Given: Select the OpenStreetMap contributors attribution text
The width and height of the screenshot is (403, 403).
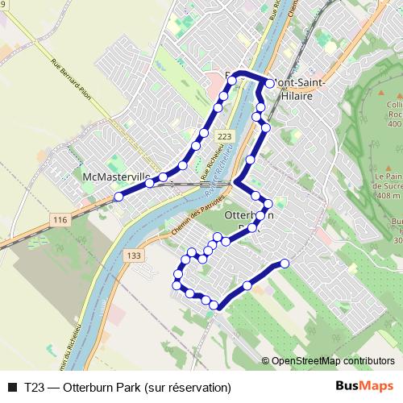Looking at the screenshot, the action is (332, 361).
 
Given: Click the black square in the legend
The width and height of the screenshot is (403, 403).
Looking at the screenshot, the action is (12, 387).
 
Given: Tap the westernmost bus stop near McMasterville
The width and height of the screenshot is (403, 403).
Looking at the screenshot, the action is (118, 196).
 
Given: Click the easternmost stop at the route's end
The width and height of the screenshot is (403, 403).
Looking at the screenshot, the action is (285, 264).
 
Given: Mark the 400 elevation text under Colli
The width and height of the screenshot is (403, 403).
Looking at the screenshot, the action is (394, 124).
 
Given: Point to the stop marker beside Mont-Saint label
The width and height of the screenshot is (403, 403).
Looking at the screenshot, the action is (269, 82).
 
